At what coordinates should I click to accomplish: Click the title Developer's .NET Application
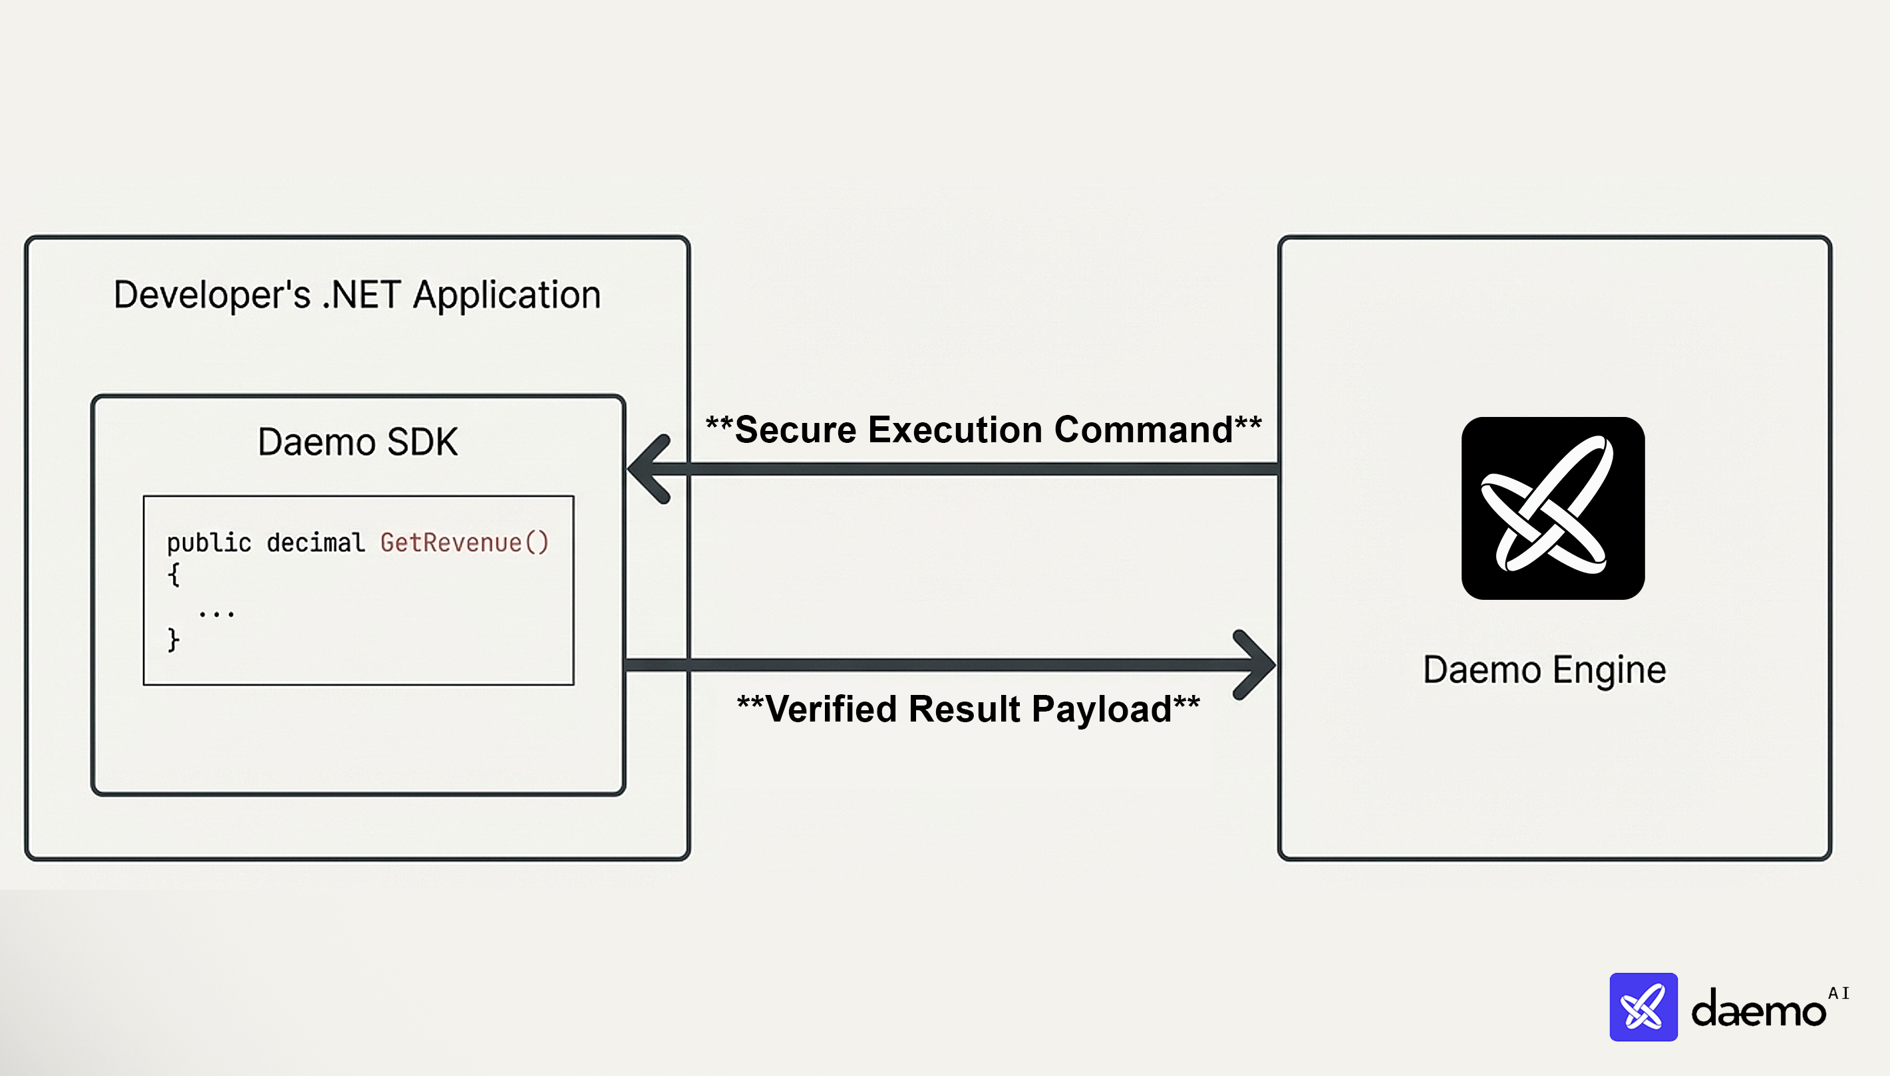[357, 295]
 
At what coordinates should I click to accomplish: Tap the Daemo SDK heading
[357, 442]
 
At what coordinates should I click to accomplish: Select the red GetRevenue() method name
[464, 543]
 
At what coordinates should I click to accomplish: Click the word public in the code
[208, 543]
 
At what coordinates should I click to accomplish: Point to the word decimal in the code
[315, 543]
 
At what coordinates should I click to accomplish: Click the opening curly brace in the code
[174, 574]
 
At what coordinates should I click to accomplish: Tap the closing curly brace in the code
[174, 639]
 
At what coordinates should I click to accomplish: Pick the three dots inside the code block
[217, 612]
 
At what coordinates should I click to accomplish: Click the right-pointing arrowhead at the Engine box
[1254, 664]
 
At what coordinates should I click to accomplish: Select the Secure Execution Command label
[983, 430]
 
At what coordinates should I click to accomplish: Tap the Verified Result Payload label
[968, 709]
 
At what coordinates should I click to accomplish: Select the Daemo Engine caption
[1544, 670]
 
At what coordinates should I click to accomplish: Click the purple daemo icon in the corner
[1643, 1007]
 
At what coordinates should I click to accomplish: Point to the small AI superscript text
[1838, 994]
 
